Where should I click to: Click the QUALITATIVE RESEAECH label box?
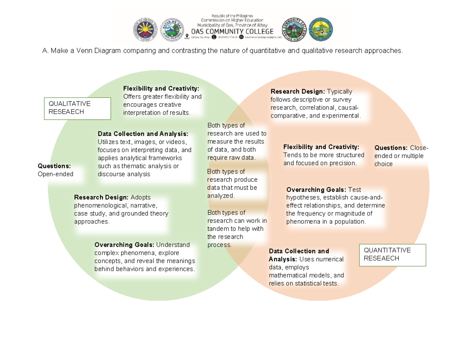tap(77, 108)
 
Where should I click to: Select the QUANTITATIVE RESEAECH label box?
tap(392, 255)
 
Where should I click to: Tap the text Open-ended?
tap(55, 174)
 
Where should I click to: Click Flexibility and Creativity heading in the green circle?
tap(161, 88)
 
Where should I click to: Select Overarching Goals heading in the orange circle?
tap(316, 190)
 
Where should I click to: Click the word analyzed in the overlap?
tap(221, 196)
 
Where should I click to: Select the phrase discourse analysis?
tap(124, 174)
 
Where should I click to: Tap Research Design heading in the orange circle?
tap(297, 92)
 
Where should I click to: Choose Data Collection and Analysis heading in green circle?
tap(143, 134)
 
